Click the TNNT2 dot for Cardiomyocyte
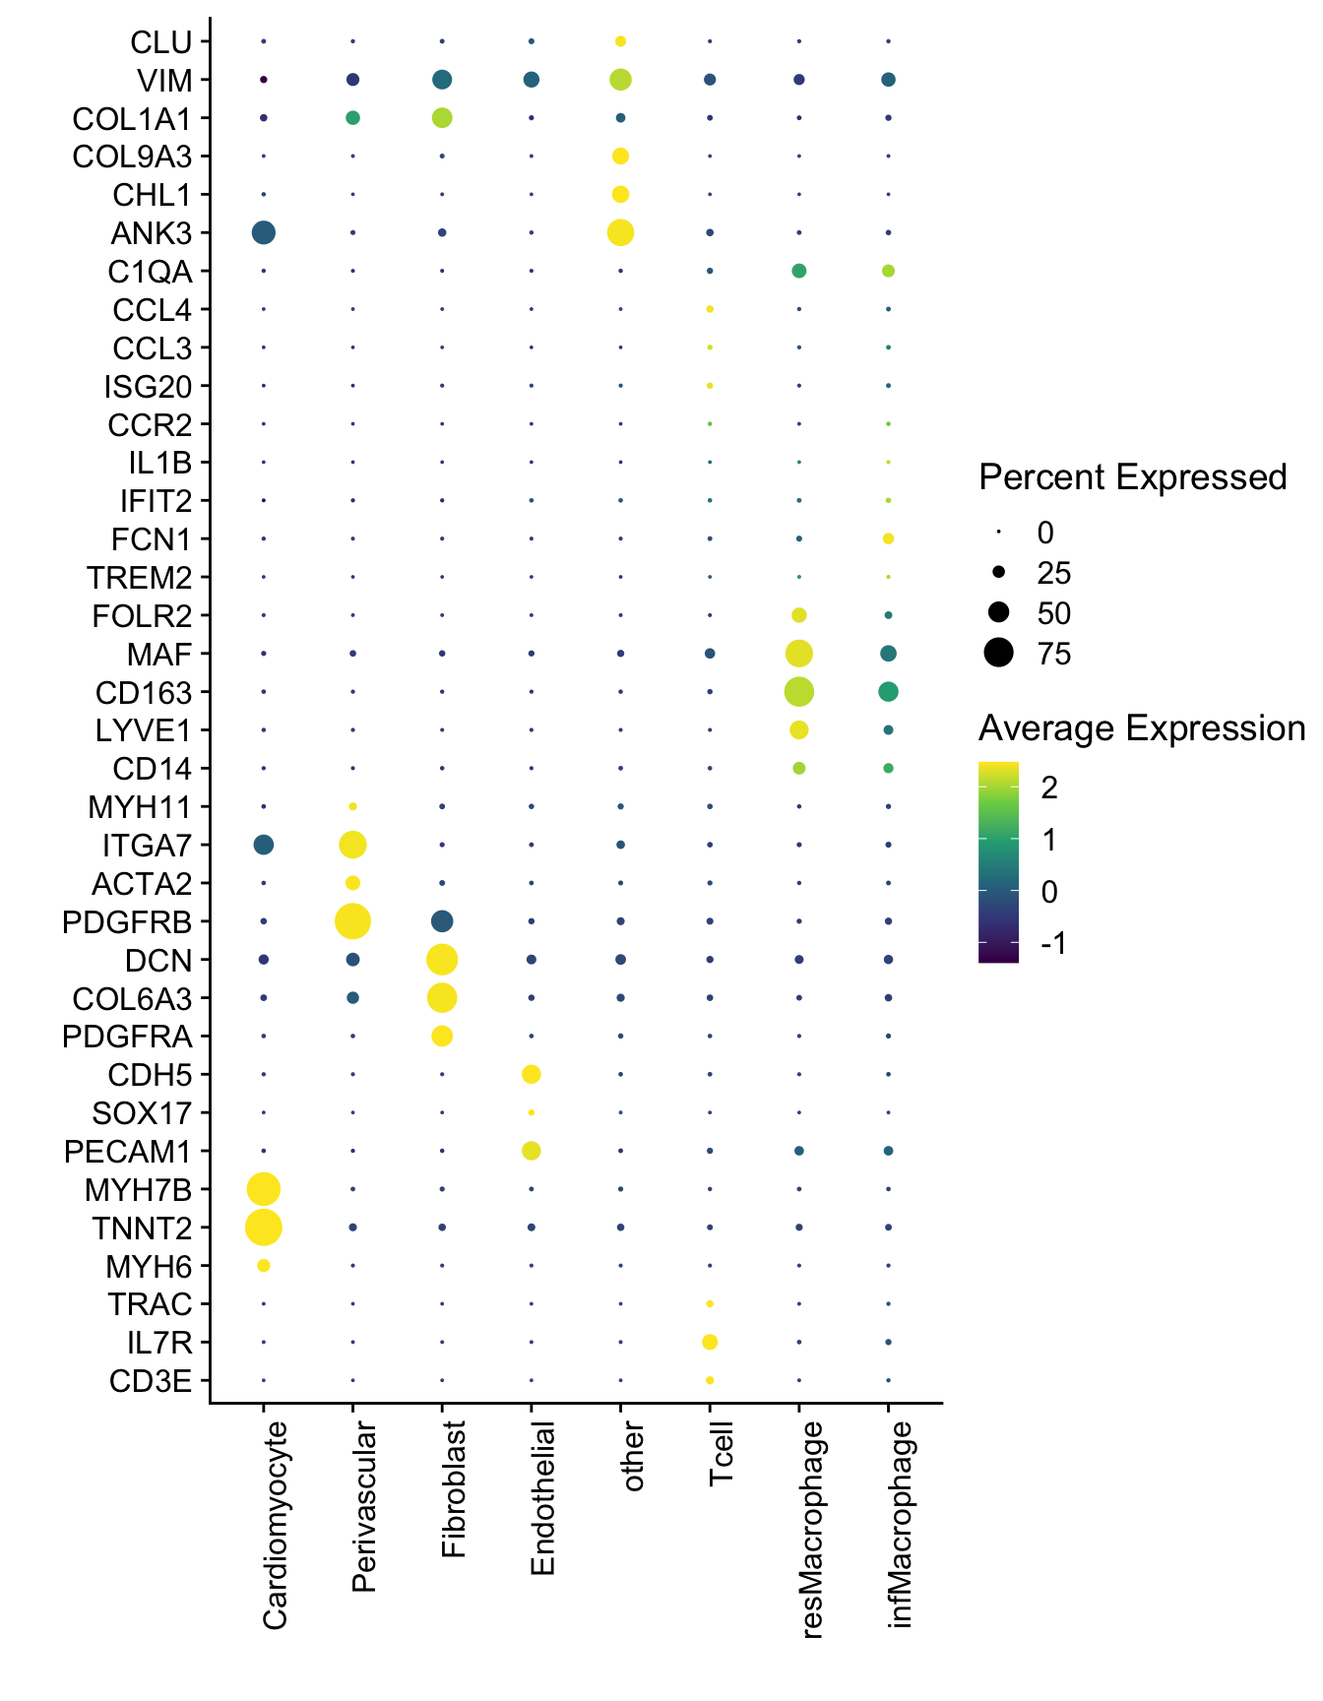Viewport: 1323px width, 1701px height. click(263, 1228)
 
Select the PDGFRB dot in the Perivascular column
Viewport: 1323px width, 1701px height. click(352, 921)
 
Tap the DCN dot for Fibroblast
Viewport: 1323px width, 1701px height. click(442, 960)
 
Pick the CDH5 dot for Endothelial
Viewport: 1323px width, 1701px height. click(532, 1074)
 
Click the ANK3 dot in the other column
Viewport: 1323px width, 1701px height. click(620, 233)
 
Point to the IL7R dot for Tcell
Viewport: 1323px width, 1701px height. click(710, 1342)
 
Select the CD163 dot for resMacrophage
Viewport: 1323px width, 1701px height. click(799, 692)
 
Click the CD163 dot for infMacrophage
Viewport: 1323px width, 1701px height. click(888, 692)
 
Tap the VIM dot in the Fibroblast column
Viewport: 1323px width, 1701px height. click(442, 80)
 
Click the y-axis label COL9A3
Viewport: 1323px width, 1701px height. click(132, 157)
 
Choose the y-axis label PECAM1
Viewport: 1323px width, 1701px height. click(128, 1152)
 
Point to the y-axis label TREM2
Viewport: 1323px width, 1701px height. click(139, 578)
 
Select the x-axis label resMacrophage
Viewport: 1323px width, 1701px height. click(811, 1530)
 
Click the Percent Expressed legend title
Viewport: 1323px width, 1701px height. click(1133, 477)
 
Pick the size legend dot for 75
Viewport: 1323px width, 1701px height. click(999, 653)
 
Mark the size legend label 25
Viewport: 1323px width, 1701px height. click(1053, 573)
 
